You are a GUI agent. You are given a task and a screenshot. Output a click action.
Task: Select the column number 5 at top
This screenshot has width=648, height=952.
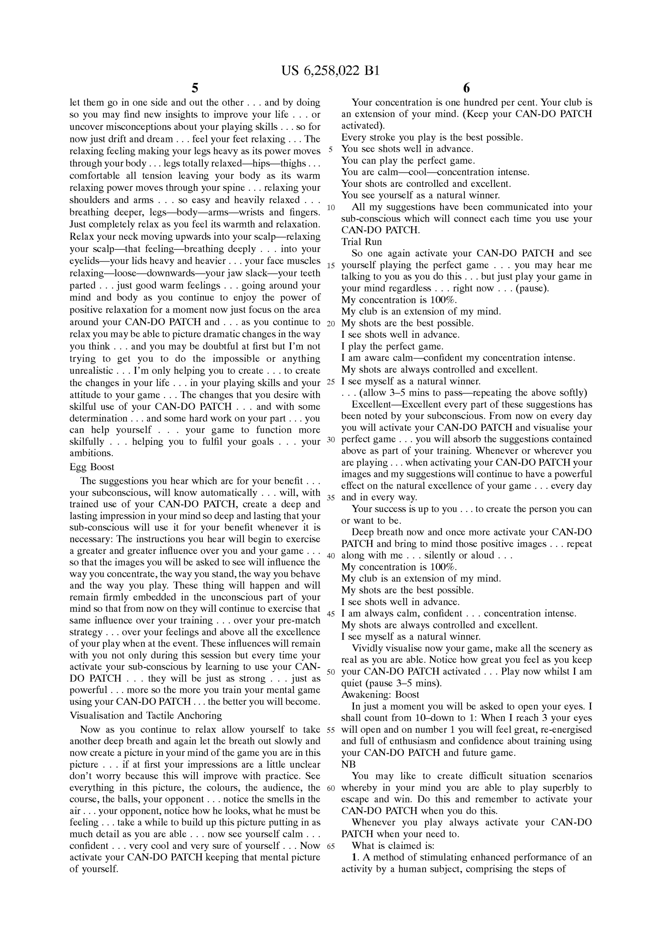click(x=195, y=88)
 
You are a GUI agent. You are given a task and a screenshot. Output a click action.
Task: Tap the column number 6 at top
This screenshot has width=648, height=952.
click(x=467, y=88)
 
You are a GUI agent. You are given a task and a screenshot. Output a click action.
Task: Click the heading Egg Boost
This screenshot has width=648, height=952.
click(x=92, y=467)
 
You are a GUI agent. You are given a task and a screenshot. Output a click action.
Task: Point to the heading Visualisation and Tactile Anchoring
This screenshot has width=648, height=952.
click(x=145, y=715)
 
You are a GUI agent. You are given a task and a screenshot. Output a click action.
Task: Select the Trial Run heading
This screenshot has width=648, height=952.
click(x=361, y=242)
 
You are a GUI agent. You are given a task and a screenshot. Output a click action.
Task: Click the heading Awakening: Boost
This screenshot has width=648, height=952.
click(x=380, y=694)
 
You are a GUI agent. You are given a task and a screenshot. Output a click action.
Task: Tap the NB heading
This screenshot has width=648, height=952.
click(x=349, y=764)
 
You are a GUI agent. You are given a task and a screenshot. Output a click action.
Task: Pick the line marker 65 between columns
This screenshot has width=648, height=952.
click(x=331, y=846)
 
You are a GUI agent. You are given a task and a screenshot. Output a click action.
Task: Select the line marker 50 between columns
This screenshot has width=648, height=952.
click(x=331, y=672)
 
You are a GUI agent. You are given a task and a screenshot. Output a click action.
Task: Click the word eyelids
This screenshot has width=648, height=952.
click(x=84, y=261)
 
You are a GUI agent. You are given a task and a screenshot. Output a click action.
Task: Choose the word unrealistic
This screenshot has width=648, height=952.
click(x=91, y=371)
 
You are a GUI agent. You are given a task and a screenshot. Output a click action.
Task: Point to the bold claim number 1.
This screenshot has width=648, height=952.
click(x=354, y=857)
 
